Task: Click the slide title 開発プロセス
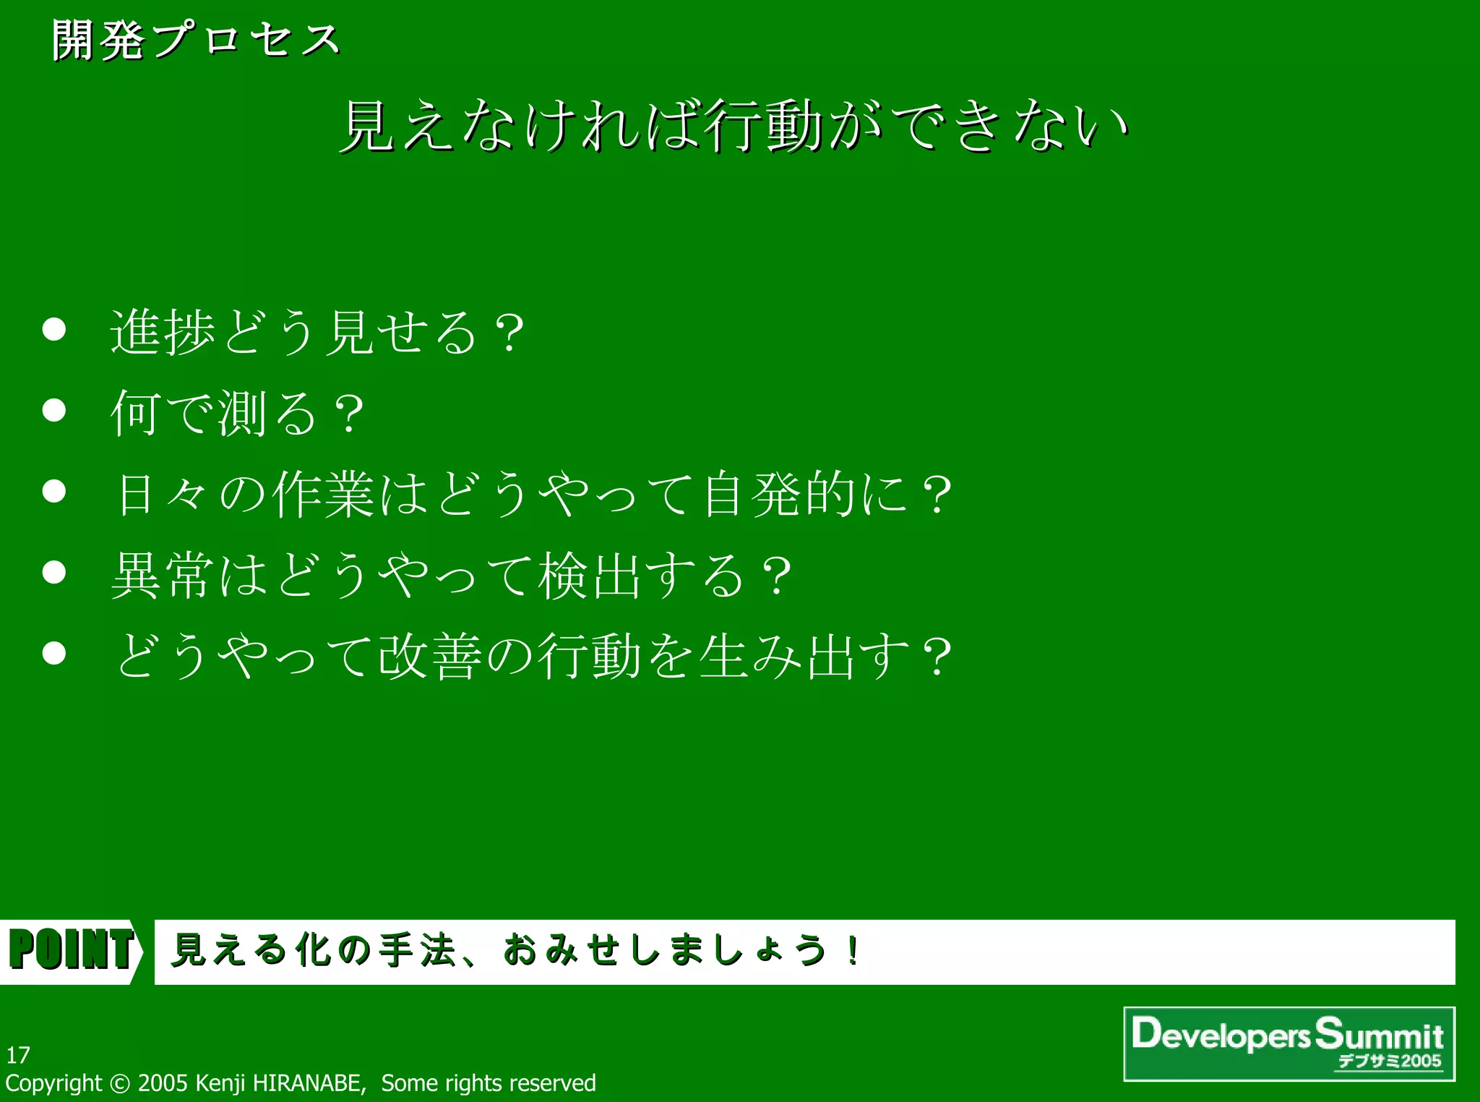point(195,40)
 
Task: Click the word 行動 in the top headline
point(765,127)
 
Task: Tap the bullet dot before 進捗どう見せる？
point(54,330)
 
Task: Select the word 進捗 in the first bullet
point(163,333)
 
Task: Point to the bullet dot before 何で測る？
point(54,411)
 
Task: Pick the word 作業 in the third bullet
point(323,495)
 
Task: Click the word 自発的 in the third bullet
point(779,495)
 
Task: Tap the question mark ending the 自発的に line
point(937,496)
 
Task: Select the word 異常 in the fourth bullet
point(163,576)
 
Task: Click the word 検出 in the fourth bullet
point(589,576)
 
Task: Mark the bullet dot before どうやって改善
point(54,654)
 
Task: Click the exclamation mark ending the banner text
point(853,950)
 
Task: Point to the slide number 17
point(18,1055)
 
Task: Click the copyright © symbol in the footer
point(120,1083)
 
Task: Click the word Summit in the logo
point(1379,1034)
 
